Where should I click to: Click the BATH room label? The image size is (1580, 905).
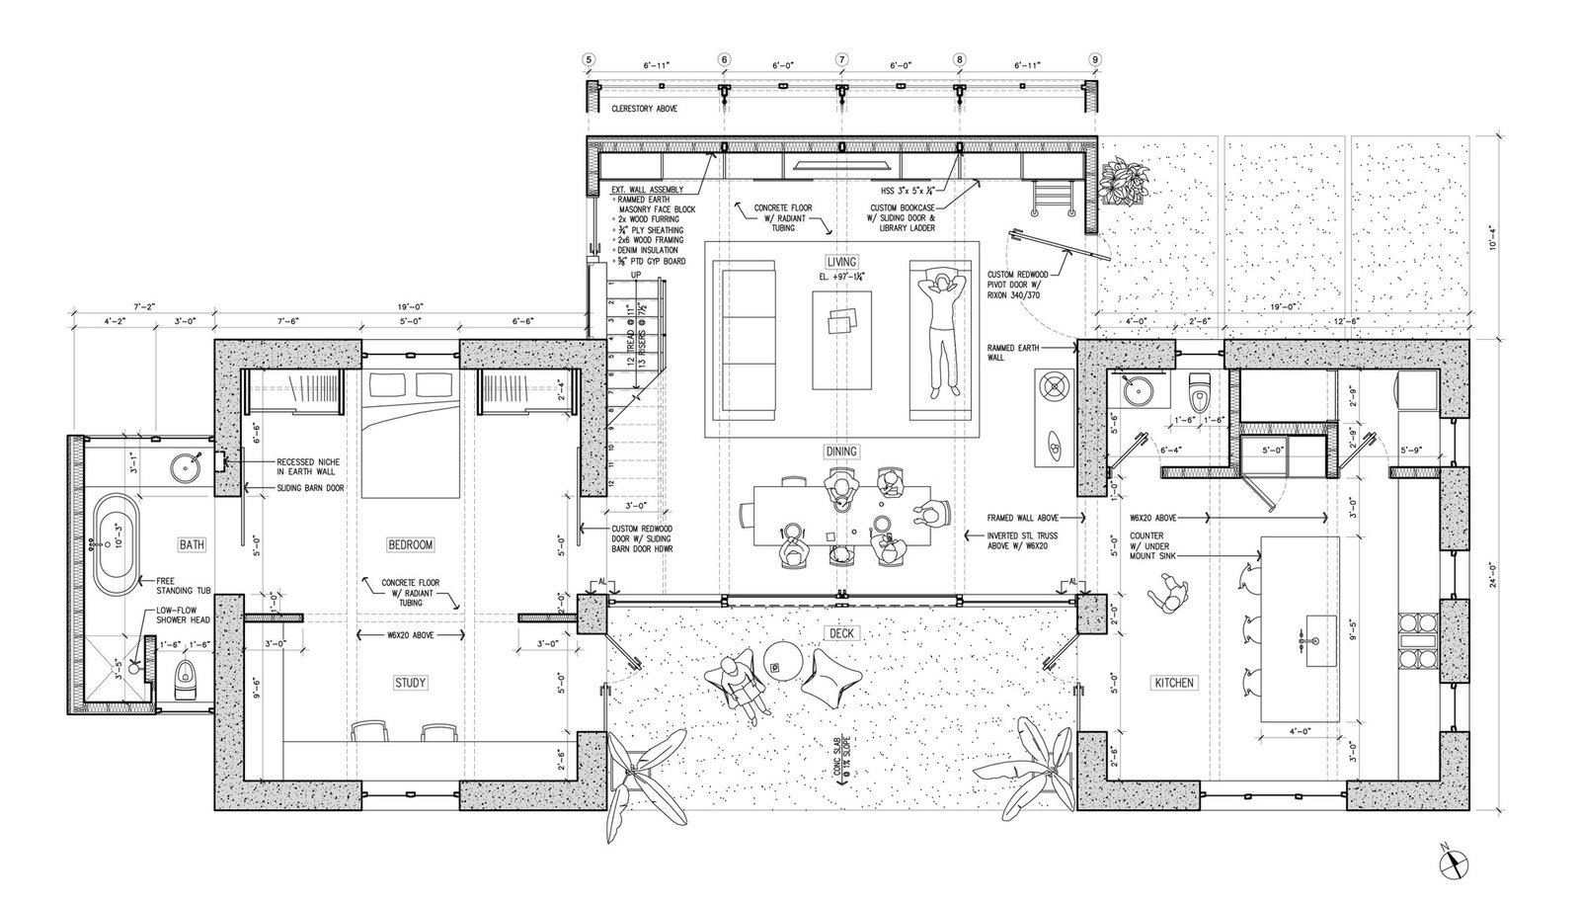[x=192, y=544]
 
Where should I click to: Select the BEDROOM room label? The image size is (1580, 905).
[x=410, y=544]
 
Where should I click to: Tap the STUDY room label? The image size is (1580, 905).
[x=411, y=683]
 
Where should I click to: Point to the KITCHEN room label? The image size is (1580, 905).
[x=1173, y=683]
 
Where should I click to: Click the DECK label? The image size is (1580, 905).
[x=841, y=632]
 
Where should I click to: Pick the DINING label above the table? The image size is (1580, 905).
[x=841, y=452]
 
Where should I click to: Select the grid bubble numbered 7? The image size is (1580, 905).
[x=841, y=59]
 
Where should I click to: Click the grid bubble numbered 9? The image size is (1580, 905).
[x=1094, y=59]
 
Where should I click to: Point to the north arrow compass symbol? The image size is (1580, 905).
[x=1457, y=863]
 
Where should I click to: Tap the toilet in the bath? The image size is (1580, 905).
[x=185, y=678]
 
